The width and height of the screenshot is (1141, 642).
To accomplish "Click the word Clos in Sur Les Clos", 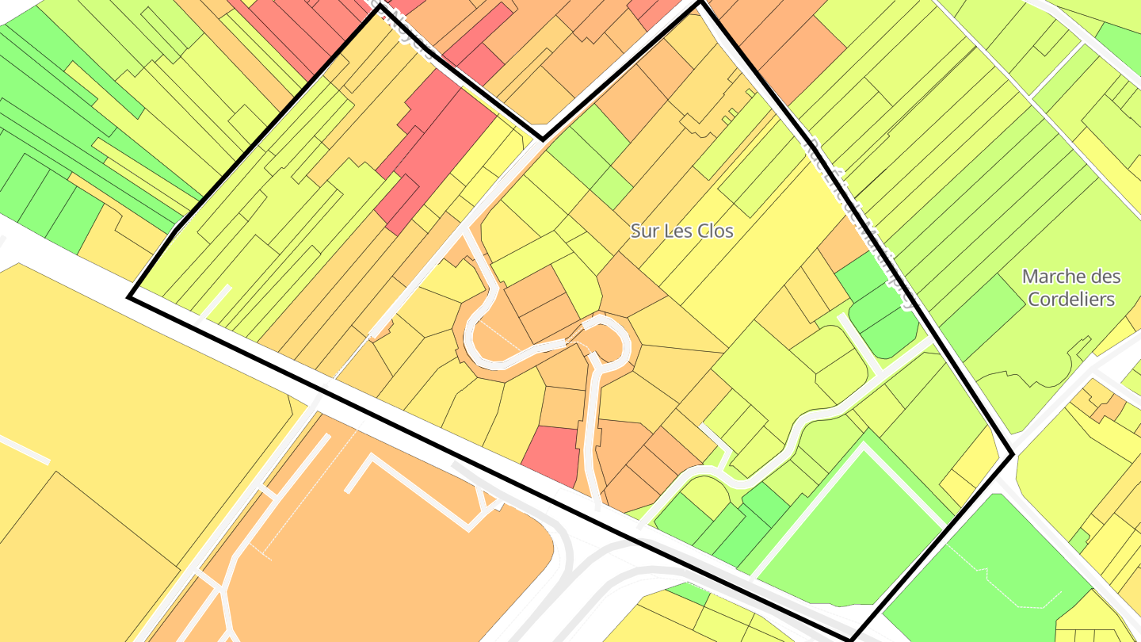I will pyautogui.click(x=714, y=231).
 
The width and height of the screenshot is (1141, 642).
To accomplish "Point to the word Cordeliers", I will pyautogui.click(x=1070, y=299).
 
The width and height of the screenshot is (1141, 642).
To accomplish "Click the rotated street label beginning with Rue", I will pyautogui.click(x=860, y=222).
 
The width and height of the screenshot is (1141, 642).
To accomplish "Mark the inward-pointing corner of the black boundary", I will pyautogui.click(x=543, y=139).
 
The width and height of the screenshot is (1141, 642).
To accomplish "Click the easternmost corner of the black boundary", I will pyautogui.click(x=1013, y=454).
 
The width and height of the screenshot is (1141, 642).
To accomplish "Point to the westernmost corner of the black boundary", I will pyautogui.click(x=128, y=297).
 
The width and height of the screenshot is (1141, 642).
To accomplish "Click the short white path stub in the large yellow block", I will pyautogui.click(x=24, y=449).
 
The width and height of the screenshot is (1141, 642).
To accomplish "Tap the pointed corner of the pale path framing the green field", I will pyautogui.click(x=863, y=445).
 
